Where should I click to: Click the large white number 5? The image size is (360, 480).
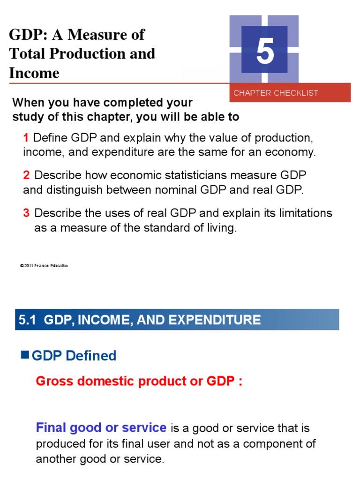[x=265, y=52]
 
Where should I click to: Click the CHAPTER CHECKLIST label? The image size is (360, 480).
[x=276, y=93]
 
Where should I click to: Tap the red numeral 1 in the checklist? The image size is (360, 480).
[x=26, y=138]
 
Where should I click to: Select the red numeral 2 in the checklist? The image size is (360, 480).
[x=26, y=175]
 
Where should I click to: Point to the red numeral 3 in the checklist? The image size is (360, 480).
[x=26, y=213]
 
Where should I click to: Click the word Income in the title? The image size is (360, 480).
[x=34, y=73]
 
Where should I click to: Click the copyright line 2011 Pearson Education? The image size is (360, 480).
[x=44, y=266]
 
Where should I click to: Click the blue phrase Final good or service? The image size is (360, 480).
[x=101, y=427]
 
